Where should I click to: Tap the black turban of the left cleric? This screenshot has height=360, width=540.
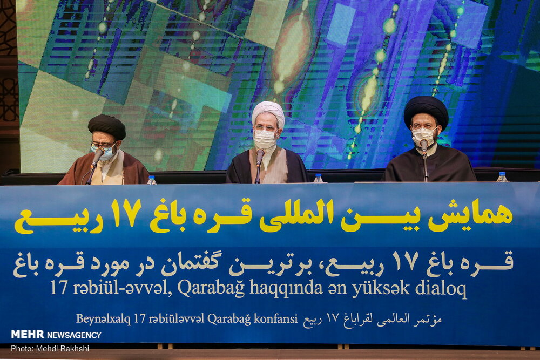(107, 126)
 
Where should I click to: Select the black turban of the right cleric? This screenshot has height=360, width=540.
(426, 110)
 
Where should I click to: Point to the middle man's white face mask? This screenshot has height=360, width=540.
(265, 139)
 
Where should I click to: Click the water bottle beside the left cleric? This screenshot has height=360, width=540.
(152, 180)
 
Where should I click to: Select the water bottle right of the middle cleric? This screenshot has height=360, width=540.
(318, 178)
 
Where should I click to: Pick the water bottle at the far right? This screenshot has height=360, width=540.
(502, 177)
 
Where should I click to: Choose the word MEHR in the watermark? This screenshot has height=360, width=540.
(28, 334)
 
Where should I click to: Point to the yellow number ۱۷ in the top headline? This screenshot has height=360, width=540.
(126, 213)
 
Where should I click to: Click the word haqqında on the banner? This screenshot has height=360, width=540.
(286, 288)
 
